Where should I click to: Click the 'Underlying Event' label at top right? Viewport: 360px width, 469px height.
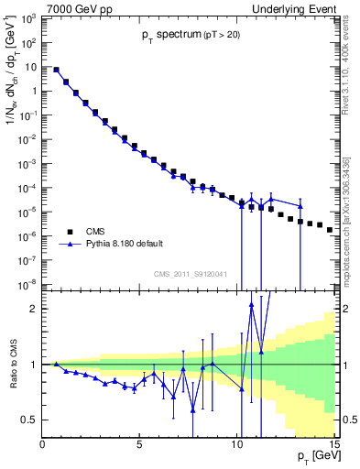(x=296, y=8)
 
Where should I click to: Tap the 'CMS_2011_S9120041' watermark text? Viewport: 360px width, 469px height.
(x=190, y=273)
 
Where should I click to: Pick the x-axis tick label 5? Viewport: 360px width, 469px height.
(x=139, y=443)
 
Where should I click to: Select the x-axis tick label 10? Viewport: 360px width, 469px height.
(x=236, y=443)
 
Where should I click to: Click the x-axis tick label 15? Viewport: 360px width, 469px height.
(x=332, y=443)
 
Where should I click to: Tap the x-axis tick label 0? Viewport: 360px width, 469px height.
(x=43, y=443)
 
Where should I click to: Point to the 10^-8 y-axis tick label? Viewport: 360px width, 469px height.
(x=27, y=283)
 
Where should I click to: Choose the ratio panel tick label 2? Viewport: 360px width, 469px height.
(x=33, y=309)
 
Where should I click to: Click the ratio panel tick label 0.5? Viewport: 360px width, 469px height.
(x=28, y=420)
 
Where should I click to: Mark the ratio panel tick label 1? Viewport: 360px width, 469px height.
(x=33, y=365)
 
